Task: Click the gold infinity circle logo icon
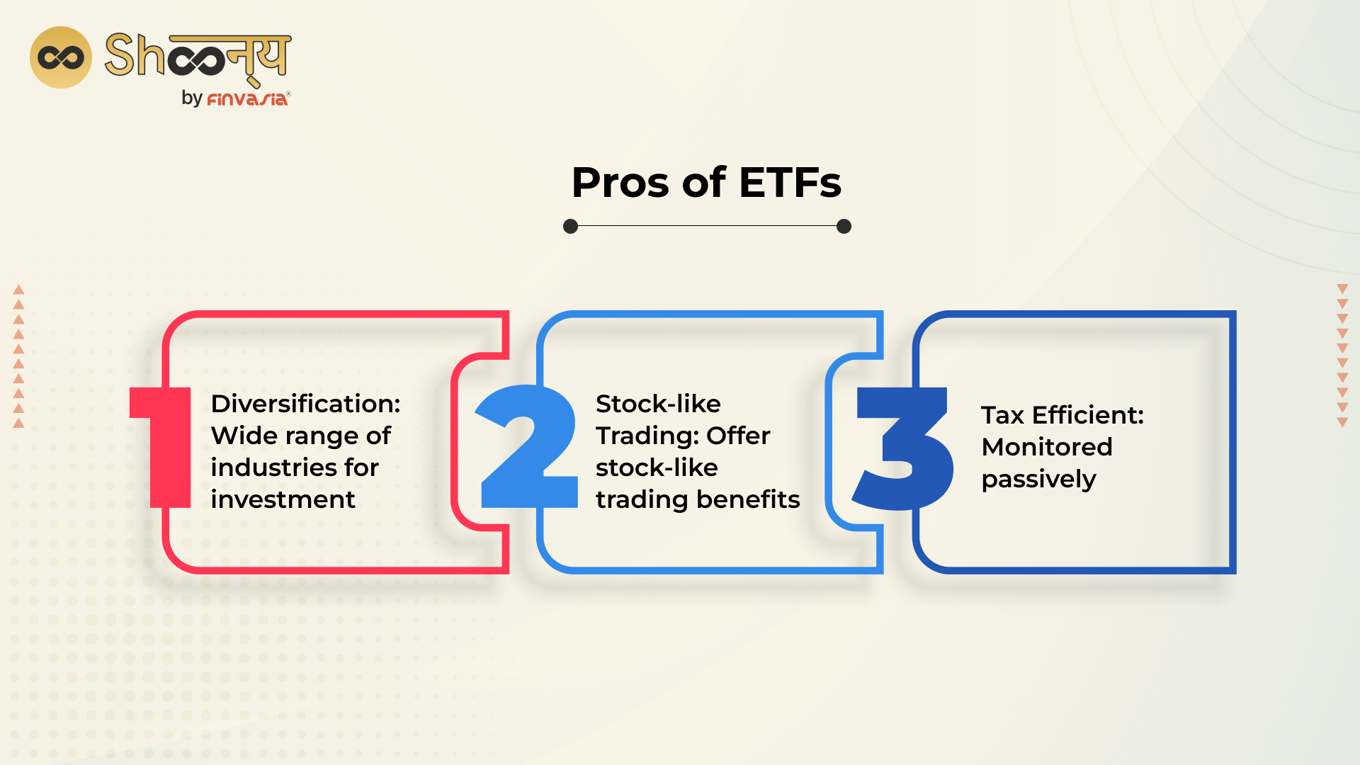click(x=61, y=57)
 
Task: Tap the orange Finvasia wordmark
click(x=247, y=99)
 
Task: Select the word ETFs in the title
click(x=790, y=183)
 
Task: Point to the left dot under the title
click(x=570, y=226)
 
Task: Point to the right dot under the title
click(x=844, y=226)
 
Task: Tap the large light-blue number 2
click(x=528, y=446)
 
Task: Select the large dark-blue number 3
click(x=905, y=448)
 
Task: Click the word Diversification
click(x=305, y=404)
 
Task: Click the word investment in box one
click(x=283, y=499)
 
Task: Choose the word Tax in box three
click(x=1002, y=415)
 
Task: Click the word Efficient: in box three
click(x=1088, y=415)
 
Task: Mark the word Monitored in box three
click(x=1047, y=447)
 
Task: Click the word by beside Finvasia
click(x=192, y=98)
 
